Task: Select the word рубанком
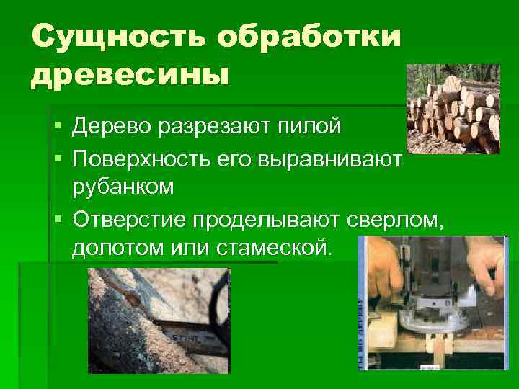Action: [x=123, y=187]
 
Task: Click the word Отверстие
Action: [x=133, y=218]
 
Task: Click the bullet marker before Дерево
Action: [x=58, y=128]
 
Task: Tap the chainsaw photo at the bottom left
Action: [x=159, y=321]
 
